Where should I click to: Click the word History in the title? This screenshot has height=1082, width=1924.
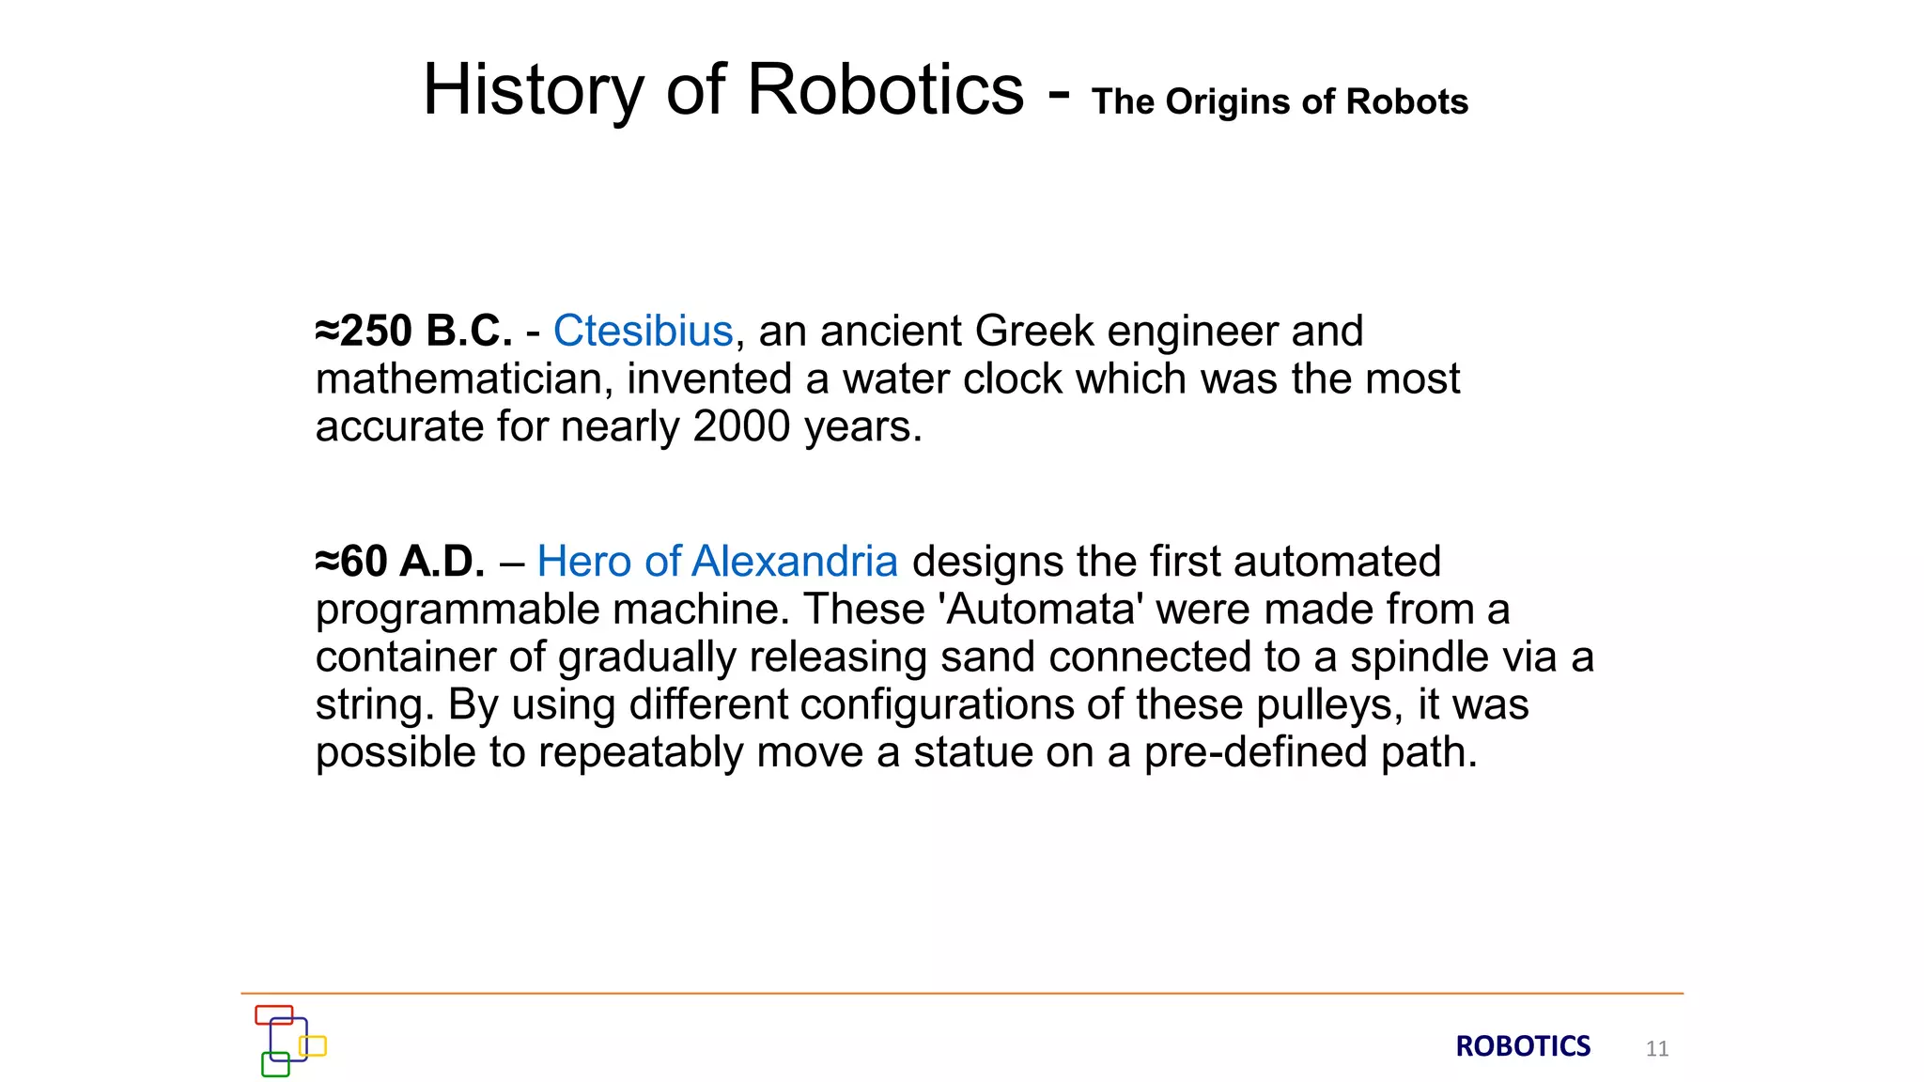click(533, 90)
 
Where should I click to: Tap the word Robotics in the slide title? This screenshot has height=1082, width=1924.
click(885, 90)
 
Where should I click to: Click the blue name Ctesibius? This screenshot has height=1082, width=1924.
click(643, 331)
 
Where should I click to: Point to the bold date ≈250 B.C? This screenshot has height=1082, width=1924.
click(414, 331)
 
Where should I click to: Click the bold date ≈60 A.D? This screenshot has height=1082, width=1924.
click(400, 562)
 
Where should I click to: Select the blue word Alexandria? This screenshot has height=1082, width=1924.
click(794, 562)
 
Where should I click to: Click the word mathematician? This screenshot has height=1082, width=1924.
click(464, 379)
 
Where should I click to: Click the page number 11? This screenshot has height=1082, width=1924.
click(1657, 1048)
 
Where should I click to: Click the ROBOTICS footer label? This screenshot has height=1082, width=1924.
click(1523, 1046)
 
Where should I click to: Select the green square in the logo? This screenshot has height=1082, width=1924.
click(275, 1064)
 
